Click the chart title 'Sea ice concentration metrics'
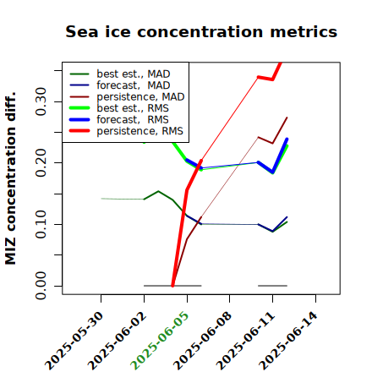point(201,31)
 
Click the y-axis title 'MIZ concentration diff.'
point(10,178)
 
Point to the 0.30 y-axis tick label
point(41,101)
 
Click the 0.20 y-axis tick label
point(41,163)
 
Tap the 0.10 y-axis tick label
point(41,224)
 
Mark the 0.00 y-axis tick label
point(41,286)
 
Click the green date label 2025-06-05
point(160,341)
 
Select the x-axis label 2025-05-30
point(74,341)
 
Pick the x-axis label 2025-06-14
point(288,341)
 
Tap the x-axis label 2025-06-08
point(202,341)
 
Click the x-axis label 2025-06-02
point(117,341)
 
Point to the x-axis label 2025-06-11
point(245,341)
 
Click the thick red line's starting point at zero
point(172,286)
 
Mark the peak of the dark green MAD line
point(158,191)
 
